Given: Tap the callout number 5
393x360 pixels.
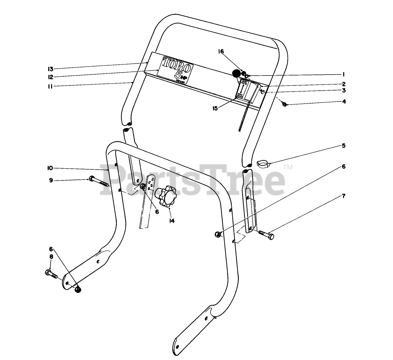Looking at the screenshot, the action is [344, 146].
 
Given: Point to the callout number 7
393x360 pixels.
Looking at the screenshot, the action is [344, 196].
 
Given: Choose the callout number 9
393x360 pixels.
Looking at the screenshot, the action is [51, 180].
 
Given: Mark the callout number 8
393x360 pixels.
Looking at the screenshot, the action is [51, 256].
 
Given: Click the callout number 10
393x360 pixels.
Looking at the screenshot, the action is [50, 168].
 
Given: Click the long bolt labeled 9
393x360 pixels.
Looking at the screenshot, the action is [99, 181].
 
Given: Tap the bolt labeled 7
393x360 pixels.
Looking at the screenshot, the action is [266, 235].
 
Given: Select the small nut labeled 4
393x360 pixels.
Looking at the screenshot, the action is [284, 104].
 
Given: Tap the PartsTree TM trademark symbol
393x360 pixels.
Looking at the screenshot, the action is [288, 167].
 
